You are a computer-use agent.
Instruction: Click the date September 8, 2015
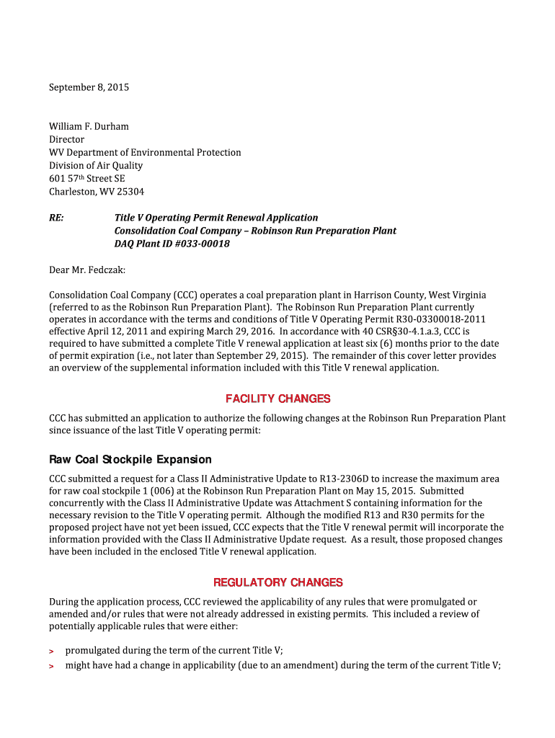[x=89, y=88]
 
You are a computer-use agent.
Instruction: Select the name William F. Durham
[x=89, y=127]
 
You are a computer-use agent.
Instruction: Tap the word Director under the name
[x=66, y=140]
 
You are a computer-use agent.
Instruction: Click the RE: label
[x=56, y=218]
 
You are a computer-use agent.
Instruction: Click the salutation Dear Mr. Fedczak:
[x=86, y=270]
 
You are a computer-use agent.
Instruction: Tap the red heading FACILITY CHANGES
[x=277, y=399]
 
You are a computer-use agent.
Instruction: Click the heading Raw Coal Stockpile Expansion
[x=130, y=460]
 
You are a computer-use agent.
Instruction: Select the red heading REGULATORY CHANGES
[x=277, y=582]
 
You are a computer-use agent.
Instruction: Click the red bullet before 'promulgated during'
[x=51, y=651]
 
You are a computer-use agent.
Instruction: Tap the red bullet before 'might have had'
[x=51, y=667]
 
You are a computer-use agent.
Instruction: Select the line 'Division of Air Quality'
[x=96, y=166]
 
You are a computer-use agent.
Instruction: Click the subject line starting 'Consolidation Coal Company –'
[x=255, y=231]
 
